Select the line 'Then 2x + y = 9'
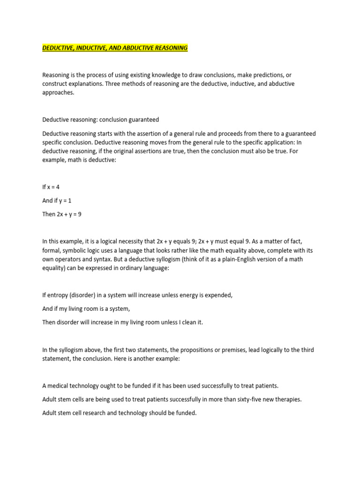point(63,214)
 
